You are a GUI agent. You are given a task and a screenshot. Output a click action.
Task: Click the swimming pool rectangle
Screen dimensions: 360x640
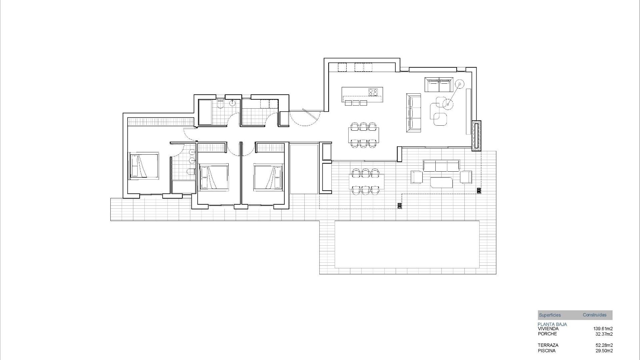coord(407,244)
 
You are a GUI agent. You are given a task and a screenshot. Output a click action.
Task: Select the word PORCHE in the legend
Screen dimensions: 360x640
coord(547,334)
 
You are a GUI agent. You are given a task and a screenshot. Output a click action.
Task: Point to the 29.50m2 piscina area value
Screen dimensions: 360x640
coord(604,351)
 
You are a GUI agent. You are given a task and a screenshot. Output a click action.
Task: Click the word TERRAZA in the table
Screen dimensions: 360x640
coord(548,345)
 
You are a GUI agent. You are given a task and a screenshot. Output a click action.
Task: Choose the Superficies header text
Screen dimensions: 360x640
coord(550,315)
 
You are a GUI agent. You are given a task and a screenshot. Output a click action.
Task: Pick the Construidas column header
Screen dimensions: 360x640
coord(594,315)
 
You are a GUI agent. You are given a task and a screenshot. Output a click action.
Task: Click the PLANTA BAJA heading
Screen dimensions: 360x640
coord(552,324)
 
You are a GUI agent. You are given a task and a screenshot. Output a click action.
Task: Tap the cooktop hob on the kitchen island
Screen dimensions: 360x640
coord(373,92)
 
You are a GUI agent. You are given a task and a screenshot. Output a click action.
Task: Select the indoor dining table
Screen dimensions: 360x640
coord(364,135)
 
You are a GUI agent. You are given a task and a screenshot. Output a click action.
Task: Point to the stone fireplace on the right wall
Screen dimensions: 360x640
coord(476,135)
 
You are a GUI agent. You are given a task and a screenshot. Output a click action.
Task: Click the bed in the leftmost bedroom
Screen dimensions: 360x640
coord(143,166)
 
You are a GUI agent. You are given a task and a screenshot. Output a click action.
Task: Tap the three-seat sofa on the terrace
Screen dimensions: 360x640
coord(441,166)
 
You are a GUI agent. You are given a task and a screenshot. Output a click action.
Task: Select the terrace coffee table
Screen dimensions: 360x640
coord(441,182)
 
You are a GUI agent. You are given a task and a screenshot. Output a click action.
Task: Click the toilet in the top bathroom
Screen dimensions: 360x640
coord(220,105)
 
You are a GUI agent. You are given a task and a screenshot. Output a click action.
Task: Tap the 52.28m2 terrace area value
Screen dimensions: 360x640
coord(604,345)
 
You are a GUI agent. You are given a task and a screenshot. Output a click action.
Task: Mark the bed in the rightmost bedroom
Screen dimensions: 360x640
coord(268,177)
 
